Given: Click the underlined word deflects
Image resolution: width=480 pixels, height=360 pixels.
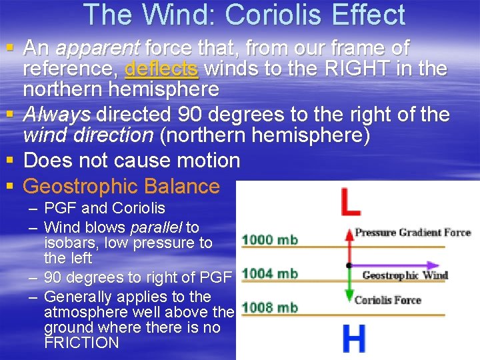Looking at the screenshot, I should pos(161,69).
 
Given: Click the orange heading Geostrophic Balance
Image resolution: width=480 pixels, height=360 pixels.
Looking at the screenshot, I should pos(121,186).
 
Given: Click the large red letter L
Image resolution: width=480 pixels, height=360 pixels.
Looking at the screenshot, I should pos(351,203).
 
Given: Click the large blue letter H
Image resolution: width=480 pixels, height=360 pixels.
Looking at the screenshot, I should pos(353,339).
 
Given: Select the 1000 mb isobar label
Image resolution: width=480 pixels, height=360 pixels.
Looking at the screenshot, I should pos(269,239).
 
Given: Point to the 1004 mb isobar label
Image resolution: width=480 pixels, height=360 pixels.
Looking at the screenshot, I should pos(269,273).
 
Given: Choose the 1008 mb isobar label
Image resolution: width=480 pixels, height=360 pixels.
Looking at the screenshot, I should pos(269,307).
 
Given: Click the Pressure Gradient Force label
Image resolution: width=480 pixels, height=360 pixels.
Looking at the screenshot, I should pos(413,233).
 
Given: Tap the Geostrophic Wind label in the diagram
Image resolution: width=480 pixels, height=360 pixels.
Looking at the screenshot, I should pos(405,275).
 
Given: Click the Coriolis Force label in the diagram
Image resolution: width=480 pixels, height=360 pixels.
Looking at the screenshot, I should pos(388,300).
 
